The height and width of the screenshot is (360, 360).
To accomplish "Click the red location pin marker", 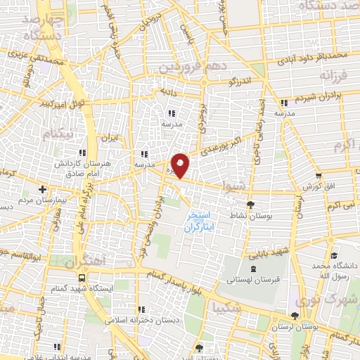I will coord(180,165).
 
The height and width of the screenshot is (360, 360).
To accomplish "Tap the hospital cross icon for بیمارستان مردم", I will coord(43,189).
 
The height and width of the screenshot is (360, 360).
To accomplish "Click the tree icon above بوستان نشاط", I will coord(251,205).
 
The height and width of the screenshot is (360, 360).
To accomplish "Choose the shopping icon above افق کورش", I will coord(319,176).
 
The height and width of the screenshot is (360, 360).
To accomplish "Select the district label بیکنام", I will coord(57,131).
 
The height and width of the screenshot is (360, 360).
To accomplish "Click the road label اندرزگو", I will coord(243,82).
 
